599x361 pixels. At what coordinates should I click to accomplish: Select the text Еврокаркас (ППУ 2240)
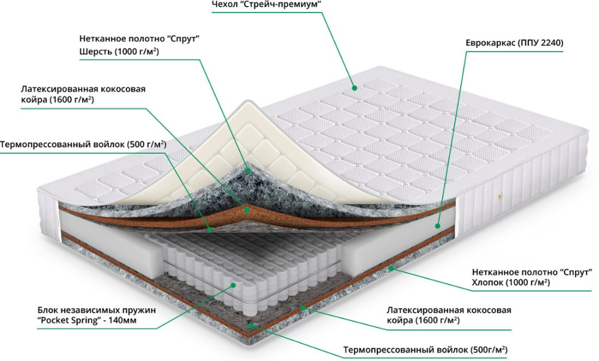click(x=514, y=44)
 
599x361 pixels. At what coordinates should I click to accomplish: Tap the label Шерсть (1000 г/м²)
click(x=119, y=52)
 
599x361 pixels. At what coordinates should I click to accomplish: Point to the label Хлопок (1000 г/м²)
click(x=511, y=282)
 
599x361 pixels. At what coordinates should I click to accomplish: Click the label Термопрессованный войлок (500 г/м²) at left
click(x=83, y=144)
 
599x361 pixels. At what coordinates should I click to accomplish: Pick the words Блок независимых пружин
click(x=96, y=310)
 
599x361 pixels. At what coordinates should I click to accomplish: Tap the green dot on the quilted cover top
click(x=355, y=87)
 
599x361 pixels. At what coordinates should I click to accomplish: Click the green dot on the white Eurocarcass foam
click(x=437, y=226)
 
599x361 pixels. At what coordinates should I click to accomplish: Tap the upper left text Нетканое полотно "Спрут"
click(x=139, y=38)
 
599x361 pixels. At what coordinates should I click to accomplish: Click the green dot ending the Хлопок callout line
click(x=392, y=268)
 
